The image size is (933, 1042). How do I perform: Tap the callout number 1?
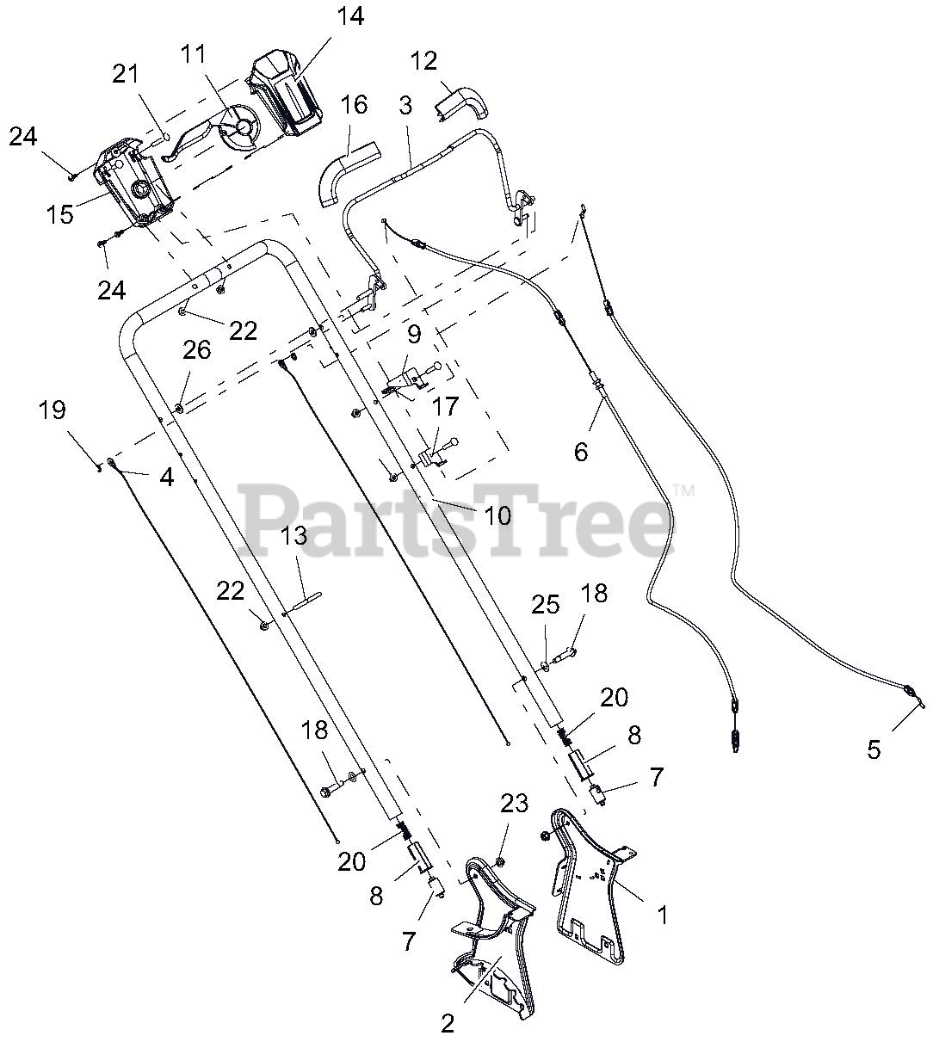click(x=661, y=917)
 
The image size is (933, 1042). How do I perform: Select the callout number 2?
click(x=447, y=1024)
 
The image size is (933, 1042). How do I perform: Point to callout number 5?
click(x=874, y=749)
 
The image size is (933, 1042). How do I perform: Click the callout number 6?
click(x=581, y=450)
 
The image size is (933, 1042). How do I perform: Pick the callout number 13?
click(x=293, y=536)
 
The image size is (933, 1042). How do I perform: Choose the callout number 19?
click(x=52, y=410)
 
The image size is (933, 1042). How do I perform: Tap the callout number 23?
click(x=514, y=805)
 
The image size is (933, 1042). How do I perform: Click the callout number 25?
click(x=546, y=605)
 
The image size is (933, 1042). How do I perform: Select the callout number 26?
click(x=196, y=350)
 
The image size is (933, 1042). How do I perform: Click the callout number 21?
click(x=126, y=74)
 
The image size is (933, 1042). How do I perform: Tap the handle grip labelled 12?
click(x=462, y=102)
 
